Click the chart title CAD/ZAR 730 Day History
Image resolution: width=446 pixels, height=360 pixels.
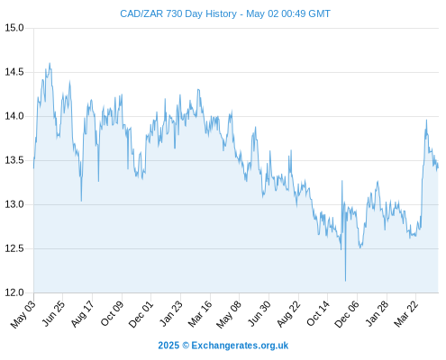click(178, 13)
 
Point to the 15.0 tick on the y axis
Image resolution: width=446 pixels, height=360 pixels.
click(14, 28)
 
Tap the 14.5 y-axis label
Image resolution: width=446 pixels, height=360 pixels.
click(14, 72)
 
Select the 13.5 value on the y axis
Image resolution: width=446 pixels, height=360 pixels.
click(14, 160)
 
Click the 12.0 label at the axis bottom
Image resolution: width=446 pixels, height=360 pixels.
click(14, 292)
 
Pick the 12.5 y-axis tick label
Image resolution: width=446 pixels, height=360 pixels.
click(14, 248)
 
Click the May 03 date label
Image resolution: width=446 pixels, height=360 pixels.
click(23, 315)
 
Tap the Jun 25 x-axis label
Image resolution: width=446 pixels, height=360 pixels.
click(53, 314)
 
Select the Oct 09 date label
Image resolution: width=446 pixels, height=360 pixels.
click(112, 314)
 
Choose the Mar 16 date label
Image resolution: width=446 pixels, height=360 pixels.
click(200, 314)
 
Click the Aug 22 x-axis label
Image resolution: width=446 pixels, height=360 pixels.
click(288, 314)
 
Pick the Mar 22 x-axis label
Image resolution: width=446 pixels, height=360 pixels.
click(405, 314)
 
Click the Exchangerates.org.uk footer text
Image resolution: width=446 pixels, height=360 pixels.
click(240, 346)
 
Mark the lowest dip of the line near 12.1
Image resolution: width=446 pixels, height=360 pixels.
click(345, 281)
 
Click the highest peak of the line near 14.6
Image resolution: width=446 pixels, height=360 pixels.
click(50, 63)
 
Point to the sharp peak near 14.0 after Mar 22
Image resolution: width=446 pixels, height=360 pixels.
click(426, 120)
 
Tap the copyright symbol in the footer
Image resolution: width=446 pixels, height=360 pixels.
click(186, 346)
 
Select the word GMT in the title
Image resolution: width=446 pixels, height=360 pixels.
click(319, 13)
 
